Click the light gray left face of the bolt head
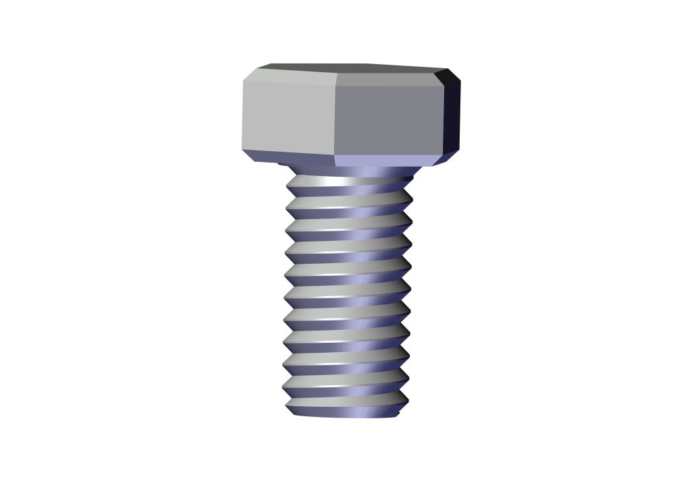(x=289, y=116)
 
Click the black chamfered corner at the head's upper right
(x=448, y=76)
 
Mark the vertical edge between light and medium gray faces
(x=335, y=119)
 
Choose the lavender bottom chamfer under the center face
(x=385, y=161)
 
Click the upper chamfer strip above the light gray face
(x=290, y=76)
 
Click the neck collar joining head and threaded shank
(x=351, y=171)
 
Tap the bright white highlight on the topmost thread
(x=331, y=181)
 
